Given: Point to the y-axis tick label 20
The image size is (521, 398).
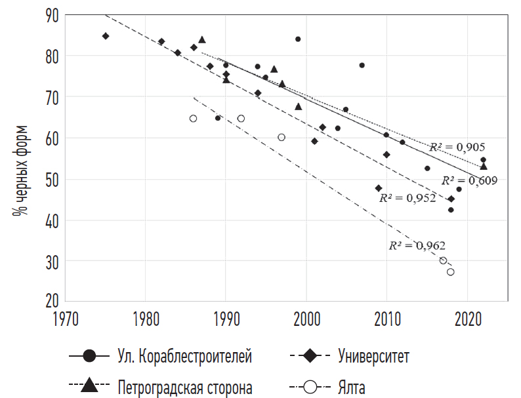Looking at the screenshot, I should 50,302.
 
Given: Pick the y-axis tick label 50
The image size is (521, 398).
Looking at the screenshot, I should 50,179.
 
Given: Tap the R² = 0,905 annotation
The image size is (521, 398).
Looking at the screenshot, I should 457,147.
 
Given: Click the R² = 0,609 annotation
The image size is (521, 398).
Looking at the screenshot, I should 469,180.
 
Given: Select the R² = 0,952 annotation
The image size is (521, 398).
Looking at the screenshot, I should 407,197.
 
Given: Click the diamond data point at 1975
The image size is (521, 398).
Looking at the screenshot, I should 105,35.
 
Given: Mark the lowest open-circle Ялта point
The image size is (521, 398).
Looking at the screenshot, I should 451,272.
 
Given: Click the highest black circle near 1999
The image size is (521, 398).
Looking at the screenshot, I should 298,39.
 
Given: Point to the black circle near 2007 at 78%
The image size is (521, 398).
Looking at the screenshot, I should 362,65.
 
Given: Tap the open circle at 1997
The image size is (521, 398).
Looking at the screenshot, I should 281,137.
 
